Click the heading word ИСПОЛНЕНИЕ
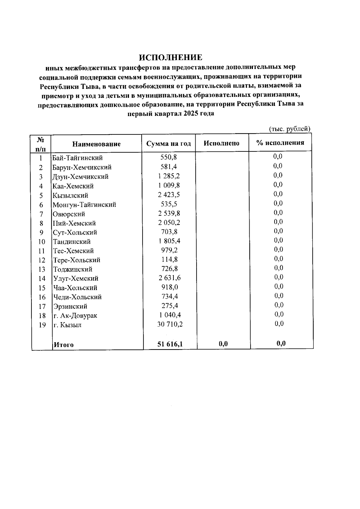pyautogui.click(x=170, y=57)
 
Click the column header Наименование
pyautogui.click(x=96, y=144)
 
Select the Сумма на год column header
pyautogui.click(x=169, y=143)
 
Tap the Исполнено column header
pyautogui.click(x=221, y=143)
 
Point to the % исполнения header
pyautogui.click(x=280, y=143)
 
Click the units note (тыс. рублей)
pyautogui.click(x=289, y=129)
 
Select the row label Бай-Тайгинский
pyautogui.click(x=78, y=158)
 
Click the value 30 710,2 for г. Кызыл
pyautogui.click(x=170, y=324)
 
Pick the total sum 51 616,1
pyautogui.click(x=170, y=344)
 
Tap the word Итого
pyautogui.click(x=64, y=345)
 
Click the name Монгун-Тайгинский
pyautogui.click(x=84, y=205)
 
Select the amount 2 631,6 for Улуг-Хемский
pyautogui.click(x=169, y=278)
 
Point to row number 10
pyautogui.click(x=41, y=242)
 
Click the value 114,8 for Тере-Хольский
pyautogui.click(x=169, y=259)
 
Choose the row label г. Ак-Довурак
pyautogui.click(x=75, y=316)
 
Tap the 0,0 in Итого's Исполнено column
pyautogui.click(x=223, y=344)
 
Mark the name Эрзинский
pyautogui.click(x=70, y=307)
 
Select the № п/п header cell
pyautogui.click(x=41, y=144)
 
